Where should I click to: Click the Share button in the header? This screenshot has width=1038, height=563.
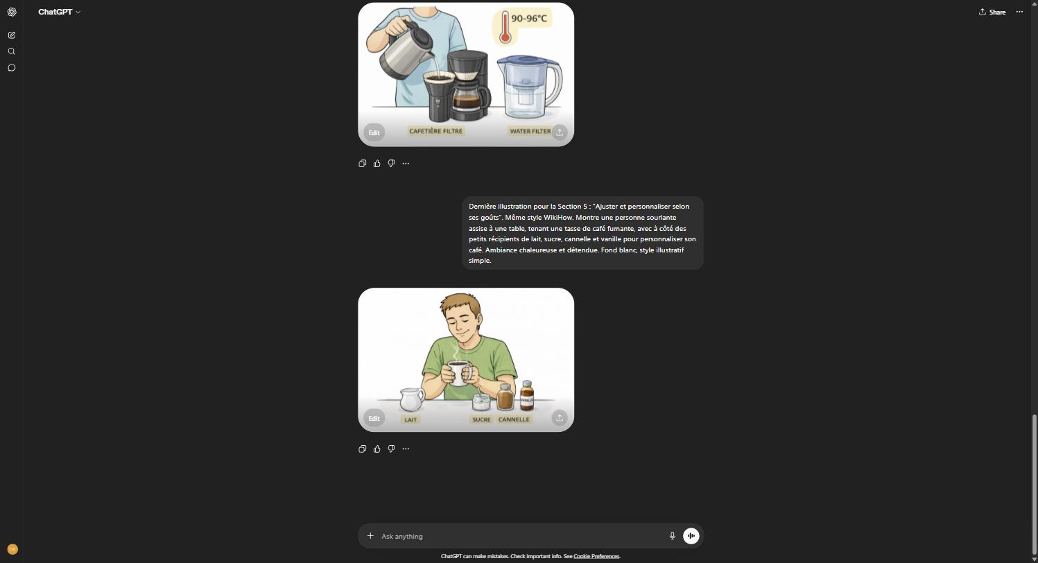992,12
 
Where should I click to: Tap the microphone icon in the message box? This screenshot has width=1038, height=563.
672,536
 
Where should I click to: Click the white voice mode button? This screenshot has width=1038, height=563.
691,536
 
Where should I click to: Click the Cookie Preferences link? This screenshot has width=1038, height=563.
596,556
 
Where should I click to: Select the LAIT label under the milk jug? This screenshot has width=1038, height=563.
410,419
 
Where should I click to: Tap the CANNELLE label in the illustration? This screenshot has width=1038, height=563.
514,419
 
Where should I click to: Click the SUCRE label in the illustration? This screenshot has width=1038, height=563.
481,419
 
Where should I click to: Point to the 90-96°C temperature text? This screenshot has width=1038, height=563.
529,19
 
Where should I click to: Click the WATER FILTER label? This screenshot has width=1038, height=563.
530,131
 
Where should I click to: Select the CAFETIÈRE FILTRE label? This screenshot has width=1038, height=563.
435,131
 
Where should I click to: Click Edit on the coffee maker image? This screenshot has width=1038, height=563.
374,132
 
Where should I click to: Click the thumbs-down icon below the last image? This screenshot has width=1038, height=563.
391,449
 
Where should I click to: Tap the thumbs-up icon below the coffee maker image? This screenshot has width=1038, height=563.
377,164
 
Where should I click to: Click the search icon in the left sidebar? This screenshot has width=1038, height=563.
12,51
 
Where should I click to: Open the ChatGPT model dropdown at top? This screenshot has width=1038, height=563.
59,12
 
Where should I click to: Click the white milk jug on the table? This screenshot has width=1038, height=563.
411,399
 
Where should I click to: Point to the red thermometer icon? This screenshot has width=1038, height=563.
505,28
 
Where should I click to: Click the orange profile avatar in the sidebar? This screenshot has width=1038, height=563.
12,549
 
